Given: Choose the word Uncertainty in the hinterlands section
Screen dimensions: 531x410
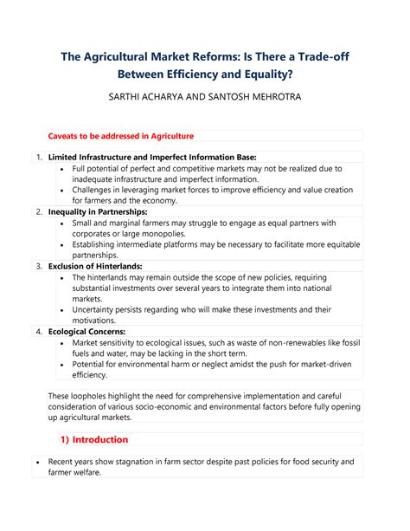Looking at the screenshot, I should [99, 309].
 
